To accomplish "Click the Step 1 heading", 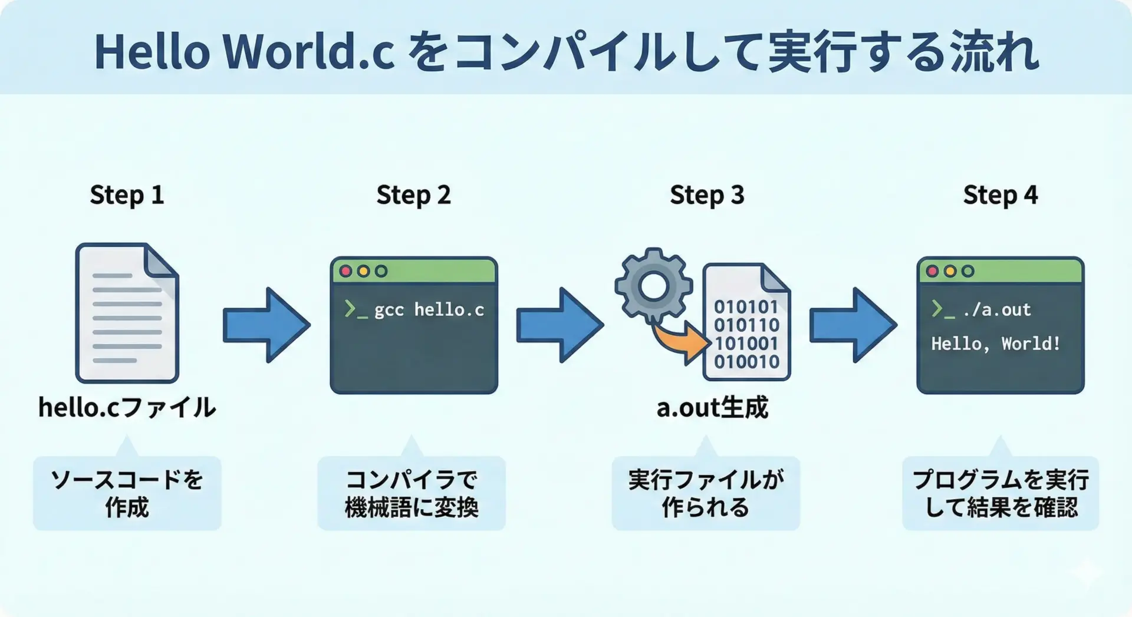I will (x=127, y=195).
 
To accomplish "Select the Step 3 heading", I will (x=707, y=195).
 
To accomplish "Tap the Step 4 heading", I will (x=1000, y=195).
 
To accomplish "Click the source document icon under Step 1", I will (x=127, y=313).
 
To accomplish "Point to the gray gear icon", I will (x=653, y=286).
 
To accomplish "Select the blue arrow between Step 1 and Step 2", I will (x=266, y=325).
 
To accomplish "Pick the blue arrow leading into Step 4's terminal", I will (x=853, y=325).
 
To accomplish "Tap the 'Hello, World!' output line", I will (x=995, y=344).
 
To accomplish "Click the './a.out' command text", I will (x=996, y=309).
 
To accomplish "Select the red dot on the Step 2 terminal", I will (x=346, y=271).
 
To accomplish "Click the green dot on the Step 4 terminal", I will (x=968, y=271).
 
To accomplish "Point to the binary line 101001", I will (x=746, y=344).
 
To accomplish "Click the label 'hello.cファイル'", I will (x=127, y=407).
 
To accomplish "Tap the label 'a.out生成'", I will (x=712, y=407).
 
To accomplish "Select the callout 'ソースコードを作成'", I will (x=127, y=493).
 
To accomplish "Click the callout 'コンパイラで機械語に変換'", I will (x=412, y=493).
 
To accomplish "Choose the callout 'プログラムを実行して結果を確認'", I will (x=1000, y=493).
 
